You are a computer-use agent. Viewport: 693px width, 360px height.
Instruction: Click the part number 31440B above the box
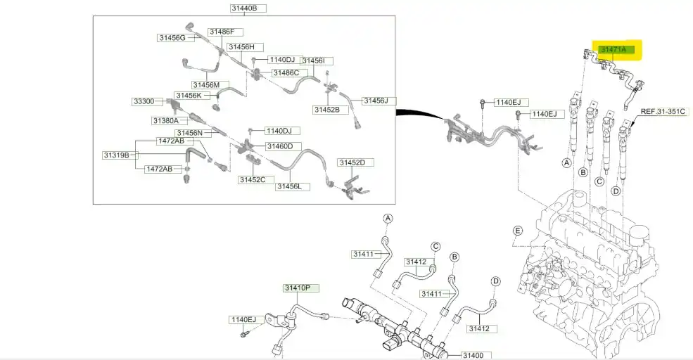pyautogui.click(x=243, y=8)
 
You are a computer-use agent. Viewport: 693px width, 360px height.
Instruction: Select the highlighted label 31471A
pyautogui.click(x=616, y=50)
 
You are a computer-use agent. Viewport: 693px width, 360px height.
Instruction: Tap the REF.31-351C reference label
pyautogui.click(x=662, y=111)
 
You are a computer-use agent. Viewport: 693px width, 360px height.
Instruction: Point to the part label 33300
pyautogui.click(x=144, y=101)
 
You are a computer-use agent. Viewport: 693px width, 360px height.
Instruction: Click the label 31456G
pyautogui.click(x=172, y=37)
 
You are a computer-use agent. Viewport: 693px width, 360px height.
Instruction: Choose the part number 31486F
pyautogui.click(x=226, y=32)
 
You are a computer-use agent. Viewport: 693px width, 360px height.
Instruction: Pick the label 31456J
pyautogui.click(x=375, y=101)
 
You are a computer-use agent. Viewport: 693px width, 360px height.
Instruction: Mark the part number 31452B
pyautogui.click(x=326, y=110)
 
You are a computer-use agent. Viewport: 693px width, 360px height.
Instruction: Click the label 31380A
pyautogui.click(x=166, y=121)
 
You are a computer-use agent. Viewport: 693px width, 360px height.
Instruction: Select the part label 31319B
pyautogui.click(x=116, y=155)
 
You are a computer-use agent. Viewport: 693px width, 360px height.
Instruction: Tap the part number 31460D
pyautogui.click(x=284, y=146)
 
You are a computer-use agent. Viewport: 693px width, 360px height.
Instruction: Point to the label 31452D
pyautogui.click(x=352, y=162)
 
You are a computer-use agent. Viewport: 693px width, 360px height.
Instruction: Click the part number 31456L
pyautogui.click(x=288, y=186)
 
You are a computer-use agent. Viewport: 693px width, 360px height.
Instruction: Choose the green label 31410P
pyautogui.click(x=301, y=288)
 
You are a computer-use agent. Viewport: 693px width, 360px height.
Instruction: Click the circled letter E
pyautogui.click(x=517, y=231)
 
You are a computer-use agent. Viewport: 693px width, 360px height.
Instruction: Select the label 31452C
pyautogui.click(x=251, y=180)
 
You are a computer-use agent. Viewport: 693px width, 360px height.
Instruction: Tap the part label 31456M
pyautogui.click(x=207, y=84)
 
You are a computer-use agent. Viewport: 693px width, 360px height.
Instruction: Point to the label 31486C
pyautogui.click(x=286, y=72)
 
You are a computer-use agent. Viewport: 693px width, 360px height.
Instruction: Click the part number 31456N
pyautogui.click(x=189, y=133)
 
